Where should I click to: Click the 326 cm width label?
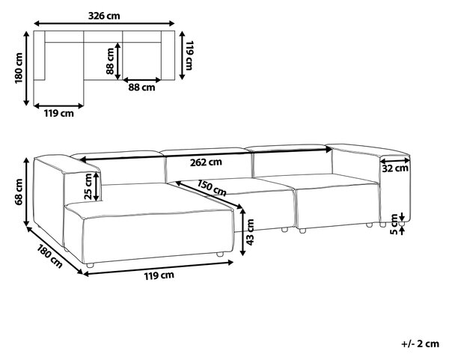click(x=104, y=16)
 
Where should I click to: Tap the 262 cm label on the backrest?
click(x=206, y=162)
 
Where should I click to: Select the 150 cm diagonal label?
click(x=212, y=188)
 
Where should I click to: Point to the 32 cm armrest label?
click(x=395, y=168)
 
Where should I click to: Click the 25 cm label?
click(x=88, y=186)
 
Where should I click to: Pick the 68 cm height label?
click(x=19, y=192)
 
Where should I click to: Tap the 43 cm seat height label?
click(x=250, y=232)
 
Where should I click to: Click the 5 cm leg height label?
click(x=394, y=225)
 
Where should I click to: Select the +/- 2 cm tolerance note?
click(x=420, y=344)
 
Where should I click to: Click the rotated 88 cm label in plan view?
click(x=110, y=61)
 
